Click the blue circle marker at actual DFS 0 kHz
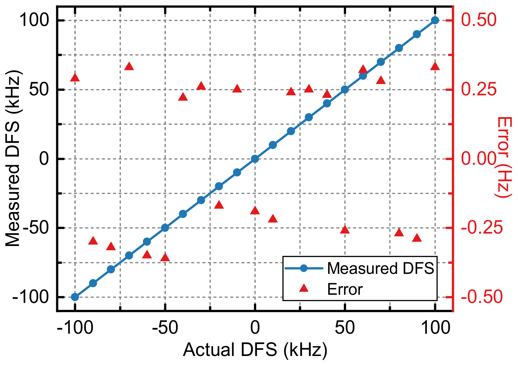(x=255, y=159)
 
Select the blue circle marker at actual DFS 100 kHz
(x=435, y=20)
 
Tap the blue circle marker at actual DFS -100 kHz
(x=75, y=297)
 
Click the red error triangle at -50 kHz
(x=165, y=258)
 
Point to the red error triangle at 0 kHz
(x=255, y=210)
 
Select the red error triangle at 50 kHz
(x=345, y=230)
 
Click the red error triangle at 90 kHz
(x=417, y=238)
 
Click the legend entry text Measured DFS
(x=380, y=268)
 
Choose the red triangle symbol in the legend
(x=304, y=288)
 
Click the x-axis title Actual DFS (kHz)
(x=255, y=350)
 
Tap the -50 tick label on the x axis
(x=165, y=328)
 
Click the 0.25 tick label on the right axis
(x=479, y=89)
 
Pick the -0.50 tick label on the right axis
(x=481, y=297)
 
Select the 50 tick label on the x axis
(x=345, y=328)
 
